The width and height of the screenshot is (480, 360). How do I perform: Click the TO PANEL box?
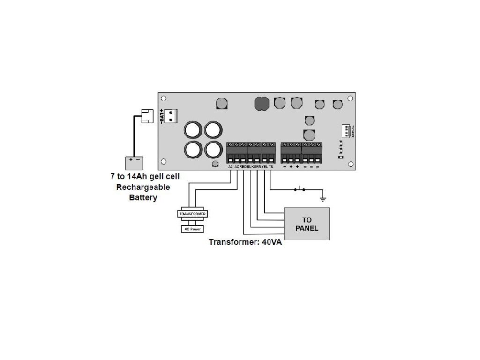[x=307, y=224]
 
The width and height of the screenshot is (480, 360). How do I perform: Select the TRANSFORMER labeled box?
[x=192, y=214]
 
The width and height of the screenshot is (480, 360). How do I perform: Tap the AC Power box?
[x=192, y=229]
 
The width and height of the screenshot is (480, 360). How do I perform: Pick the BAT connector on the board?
[x=172, y=115]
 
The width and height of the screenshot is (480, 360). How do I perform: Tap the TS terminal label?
[x=271, y=167]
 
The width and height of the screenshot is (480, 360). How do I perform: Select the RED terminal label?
[x=243, y=167]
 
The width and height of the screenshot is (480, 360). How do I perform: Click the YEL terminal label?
[x=264, y=167]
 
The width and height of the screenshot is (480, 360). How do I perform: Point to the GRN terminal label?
[x=257, y=167]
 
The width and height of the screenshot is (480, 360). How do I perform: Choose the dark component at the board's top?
[x=260, y=103]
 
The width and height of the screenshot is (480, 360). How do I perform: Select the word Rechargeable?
[x=143, y=187]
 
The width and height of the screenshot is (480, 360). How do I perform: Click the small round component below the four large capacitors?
[x=215, y=164]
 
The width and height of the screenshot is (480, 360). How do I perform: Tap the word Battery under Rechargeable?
[x=143, y=197]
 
